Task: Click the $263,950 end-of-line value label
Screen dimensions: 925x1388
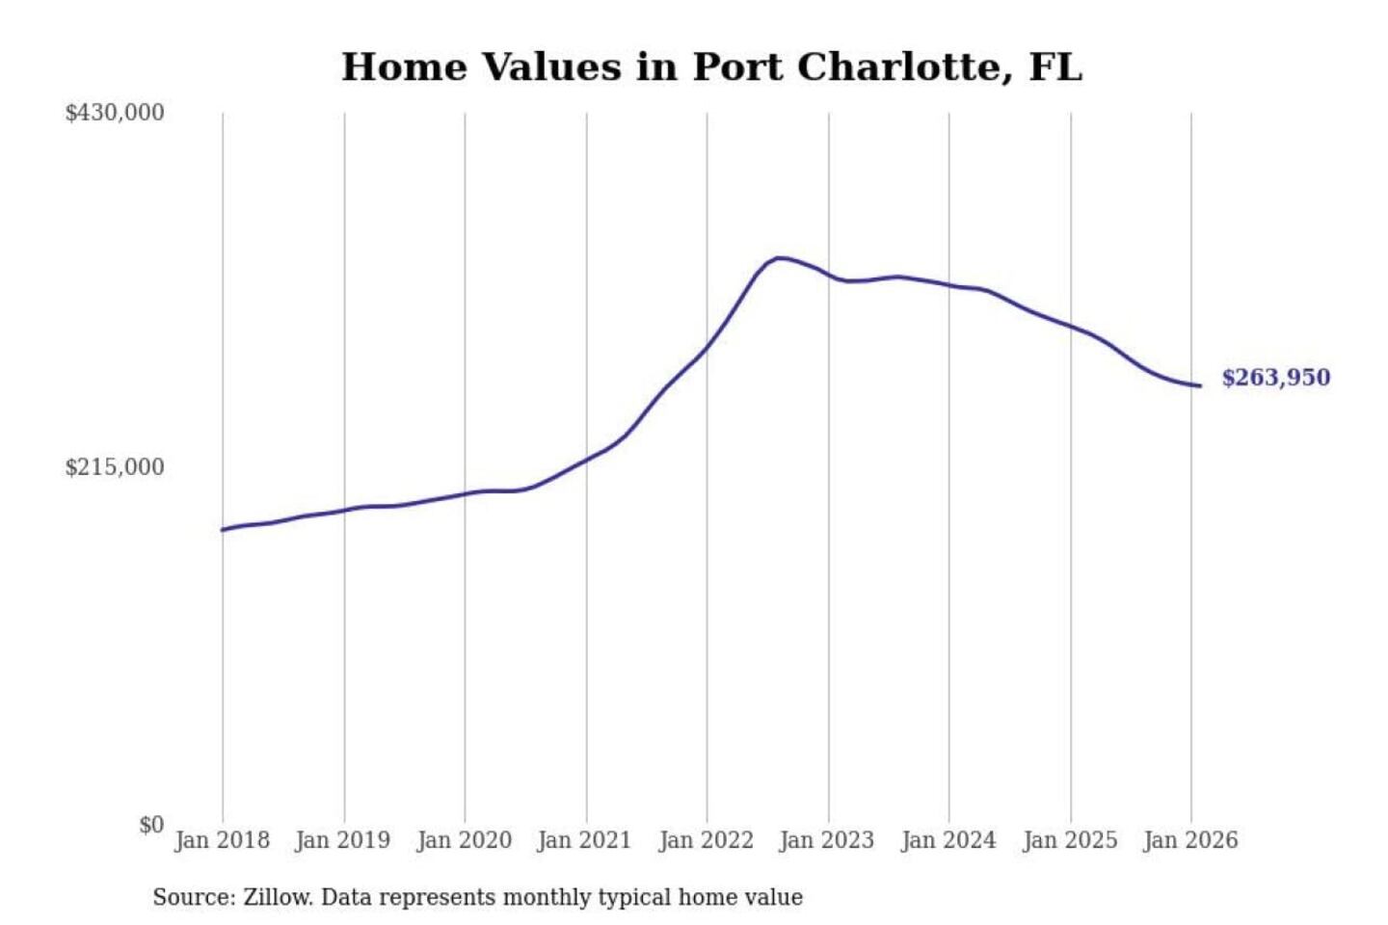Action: coord(1275,378)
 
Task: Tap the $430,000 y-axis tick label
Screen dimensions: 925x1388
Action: coord(115,113)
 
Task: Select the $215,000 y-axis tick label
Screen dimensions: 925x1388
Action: coord(115,467)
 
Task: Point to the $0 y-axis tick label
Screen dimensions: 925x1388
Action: coord(151,825)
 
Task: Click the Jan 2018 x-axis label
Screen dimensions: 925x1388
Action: coord(222,840)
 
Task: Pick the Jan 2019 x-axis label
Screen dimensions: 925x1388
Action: coord(342,840)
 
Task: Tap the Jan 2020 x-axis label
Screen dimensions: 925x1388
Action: coord(464,840)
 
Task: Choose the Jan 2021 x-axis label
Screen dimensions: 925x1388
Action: coord(584,840)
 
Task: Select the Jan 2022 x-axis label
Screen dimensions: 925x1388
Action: coord(706,840)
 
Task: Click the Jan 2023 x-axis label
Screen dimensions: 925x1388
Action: coord(826,840)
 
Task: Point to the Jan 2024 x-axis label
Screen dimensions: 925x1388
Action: coord(948,840)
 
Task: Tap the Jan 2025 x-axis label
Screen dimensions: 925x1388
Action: coord(1069,840)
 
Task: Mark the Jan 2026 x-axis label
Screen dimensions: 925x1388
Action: coord(1189,840)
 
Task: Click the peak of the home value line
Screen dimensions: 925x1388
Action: coord(779,258)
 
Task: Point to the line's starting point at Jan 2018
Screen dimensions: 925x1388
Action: coord(223,530)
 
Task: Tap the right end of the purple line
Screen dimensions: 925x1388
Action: coord(1200,386)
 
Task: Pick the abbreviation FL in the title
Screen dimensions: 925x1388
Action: coord(1055,67)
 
